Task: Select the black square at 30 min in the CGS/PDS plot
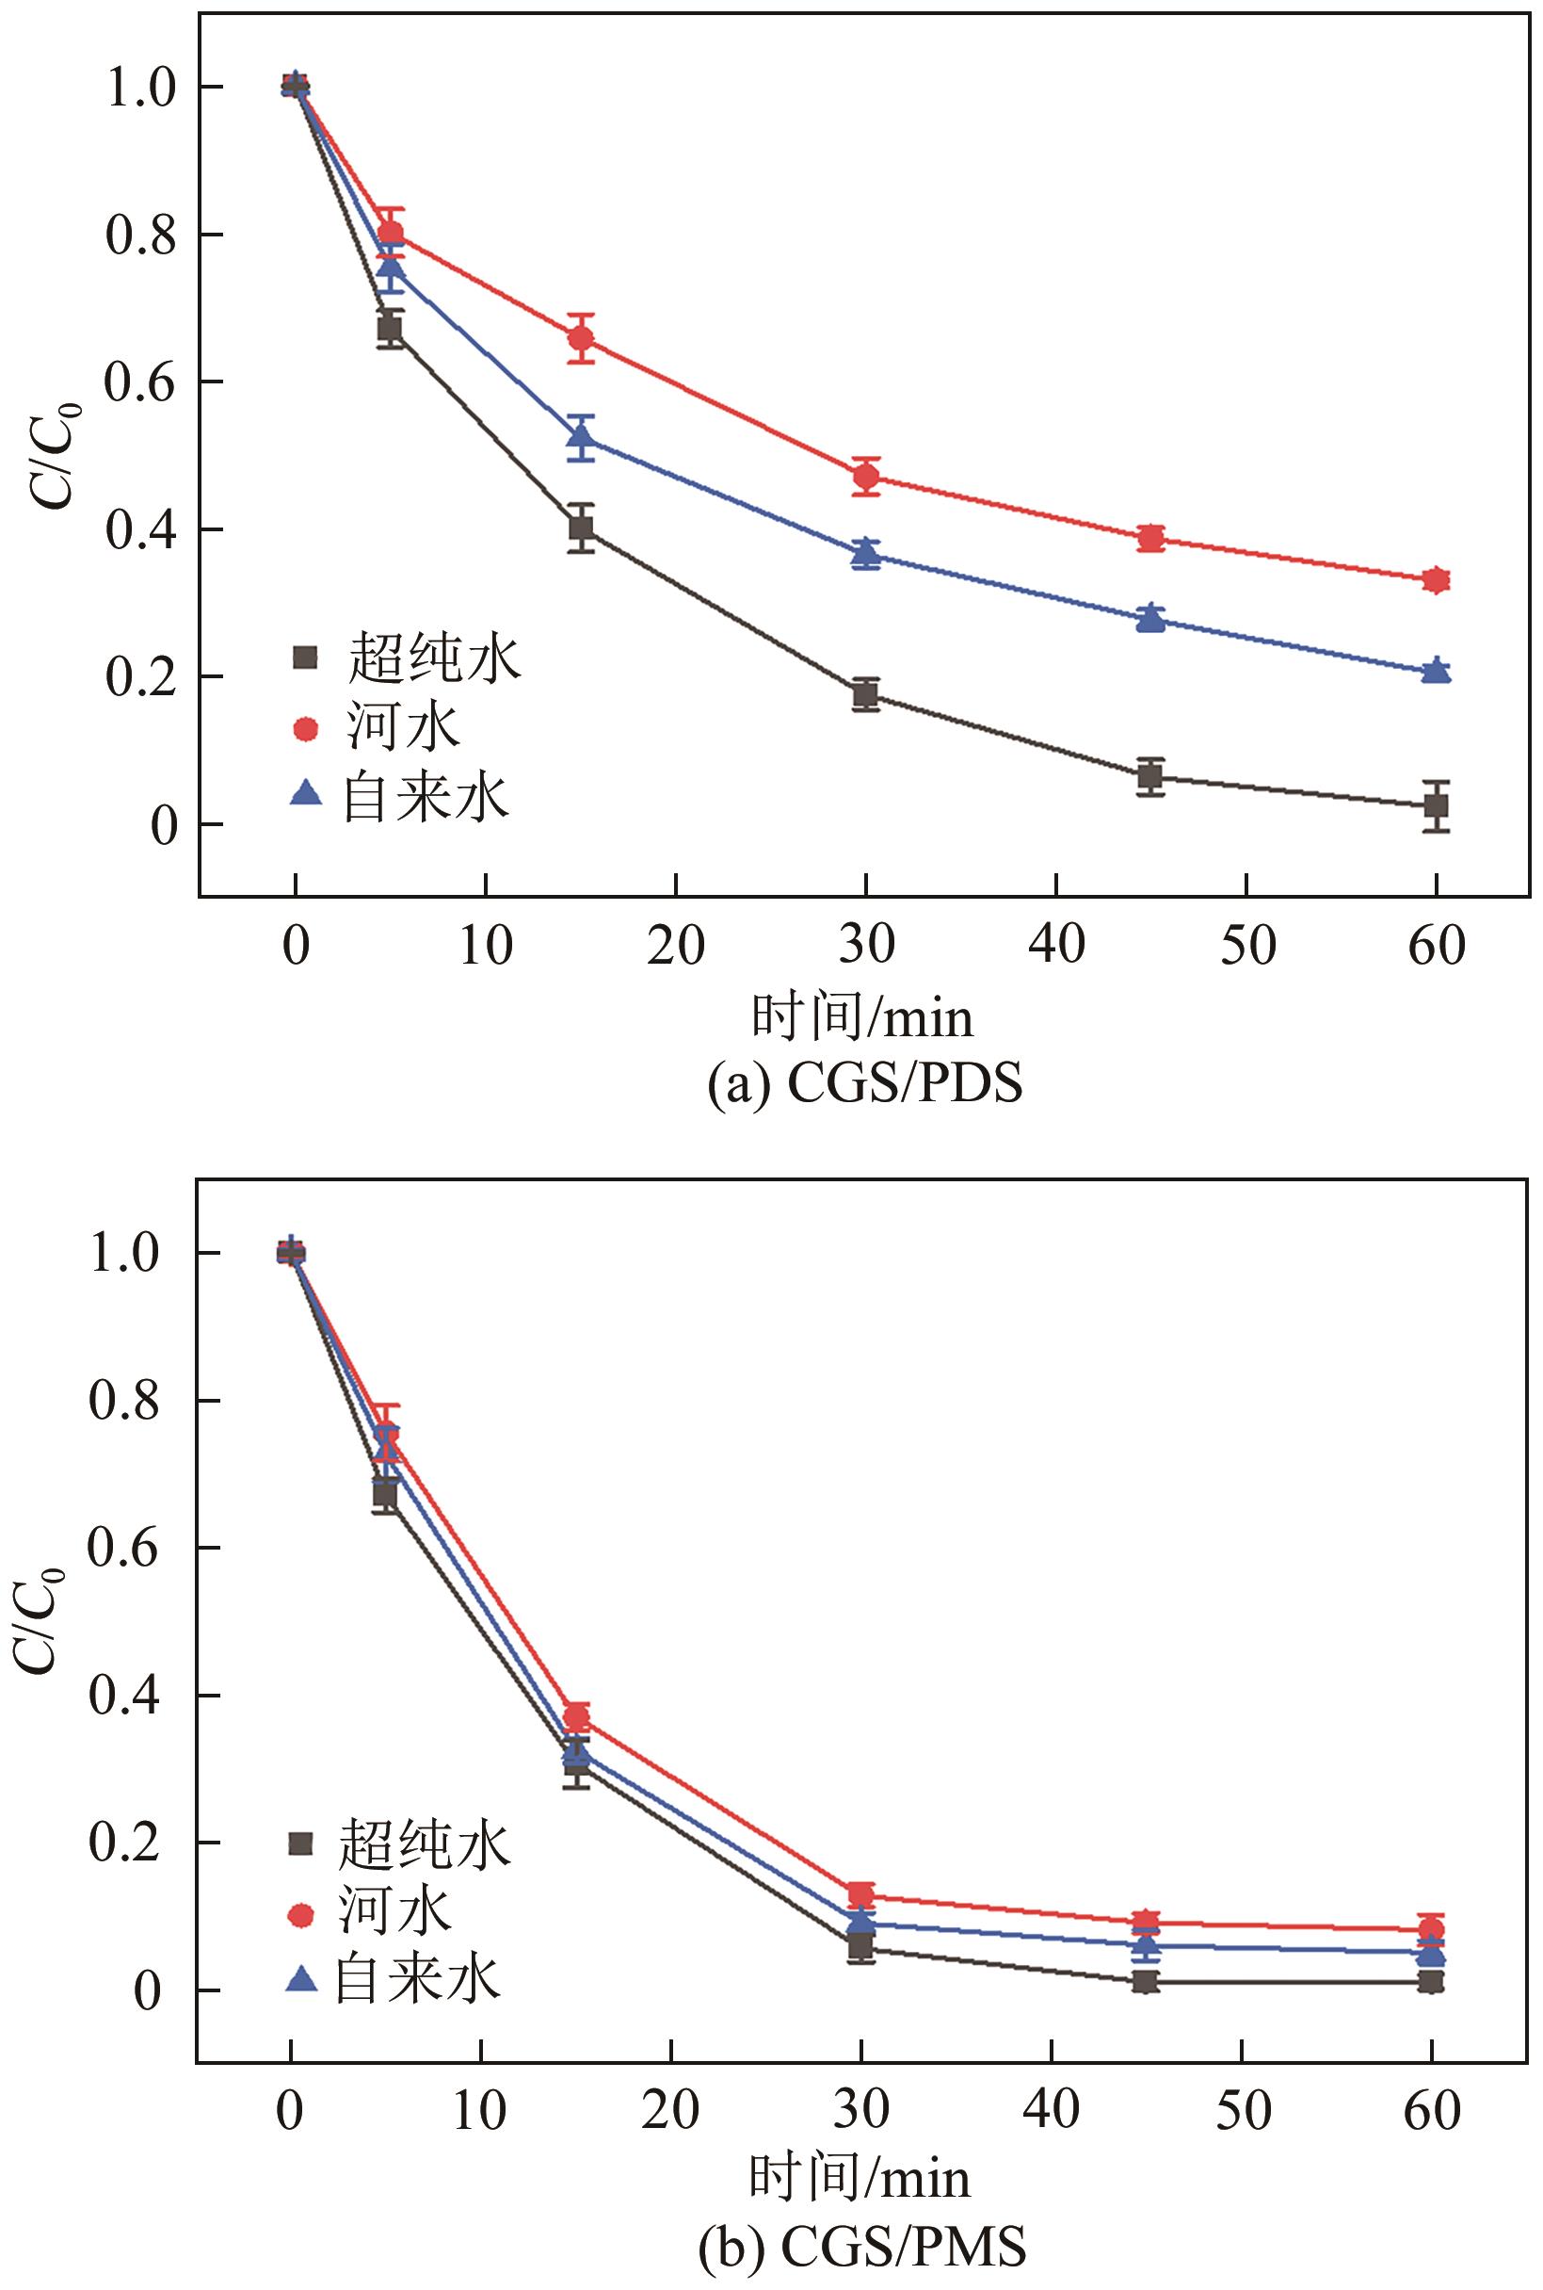tap(866, 695)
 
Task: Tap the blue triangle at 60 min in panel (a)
tap(1437, 671)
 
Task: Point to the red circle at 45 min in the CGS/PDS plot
tap(1150, 539)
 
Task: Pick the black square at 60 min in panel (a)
tap(1437, 806)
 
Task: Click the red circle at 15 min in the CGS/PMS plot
tap(577, 1719)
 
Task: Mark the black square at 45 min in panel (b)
tap(1145, 1982)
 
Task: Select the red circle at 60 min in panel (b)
tap(1431, 1929)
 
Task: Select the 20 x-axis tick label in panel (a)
tap(676, 946)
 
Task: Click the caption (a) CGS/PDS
tap(865, 1084)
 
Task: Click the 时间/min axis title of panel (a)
tap(862, 1016)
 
